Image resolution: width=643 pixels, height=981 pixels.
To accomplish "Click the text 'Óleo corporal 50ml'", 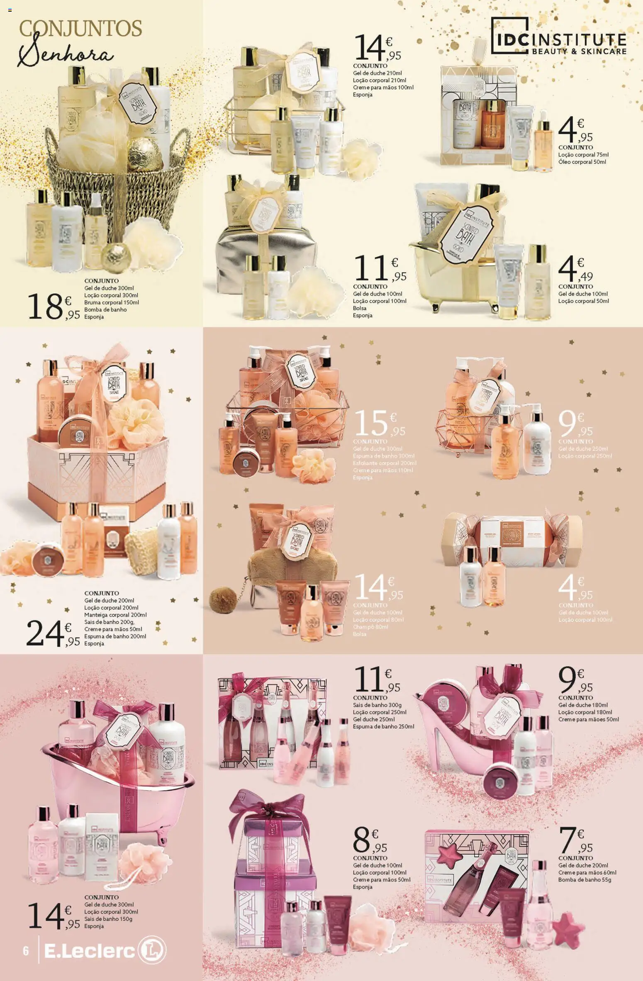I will pyautogui.click(x=582, y=162).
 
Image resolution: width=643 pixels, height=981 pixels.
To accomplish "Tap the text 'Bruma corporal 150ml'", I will pyautogui.click(x=112, y=302).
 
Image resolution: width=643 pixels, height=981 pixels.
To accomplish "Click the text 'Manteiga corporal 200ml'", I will pyautogui.click(x=115, y=615).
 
